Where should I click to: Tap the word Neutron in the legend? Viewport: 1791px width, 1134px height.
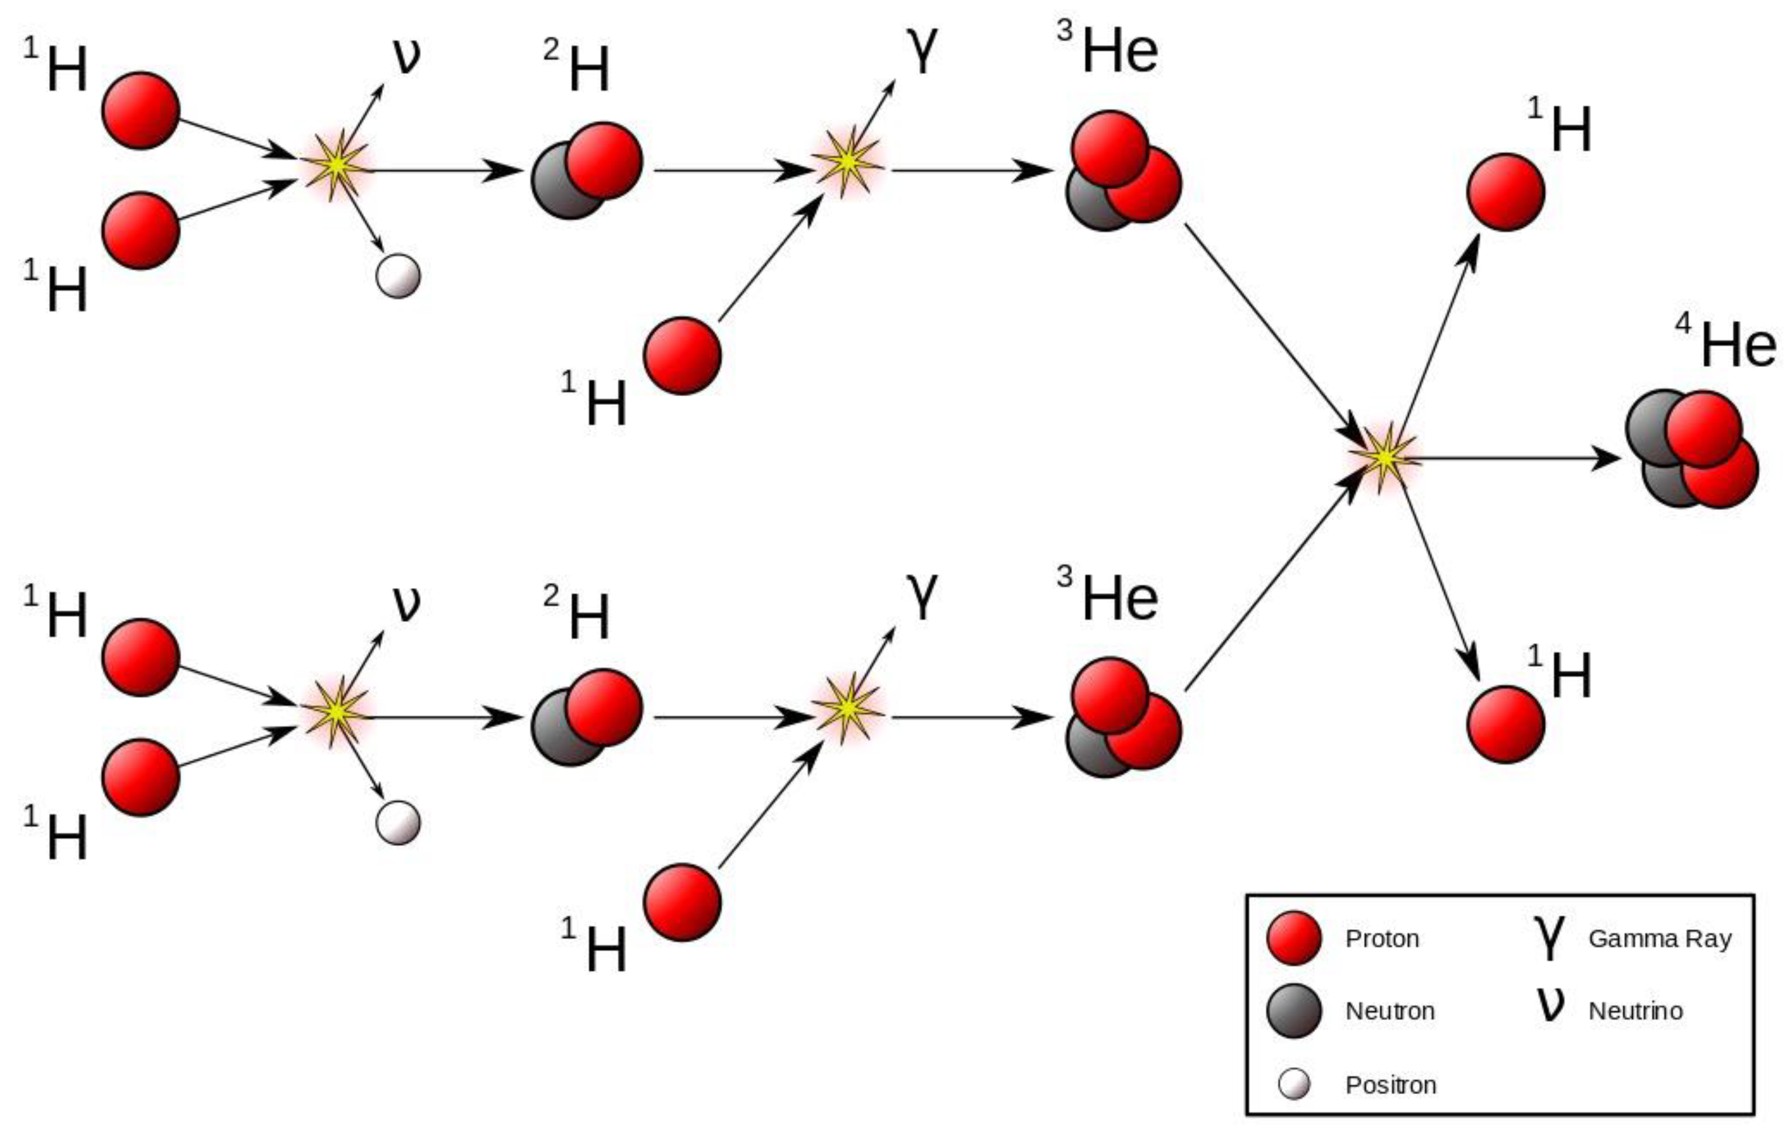tap(1389, 1010)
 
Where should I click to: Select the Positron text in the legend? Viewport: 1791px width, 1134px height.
tap(1390, 1085)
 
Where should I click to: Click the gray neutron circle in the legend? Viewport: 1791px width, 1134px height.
tap(1294, 1010)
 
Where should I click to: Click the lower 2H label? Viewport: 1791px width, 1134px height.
tap(578, 614)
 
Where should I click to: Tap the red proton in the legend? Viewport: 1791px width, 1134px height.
tap(1294, 938)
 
